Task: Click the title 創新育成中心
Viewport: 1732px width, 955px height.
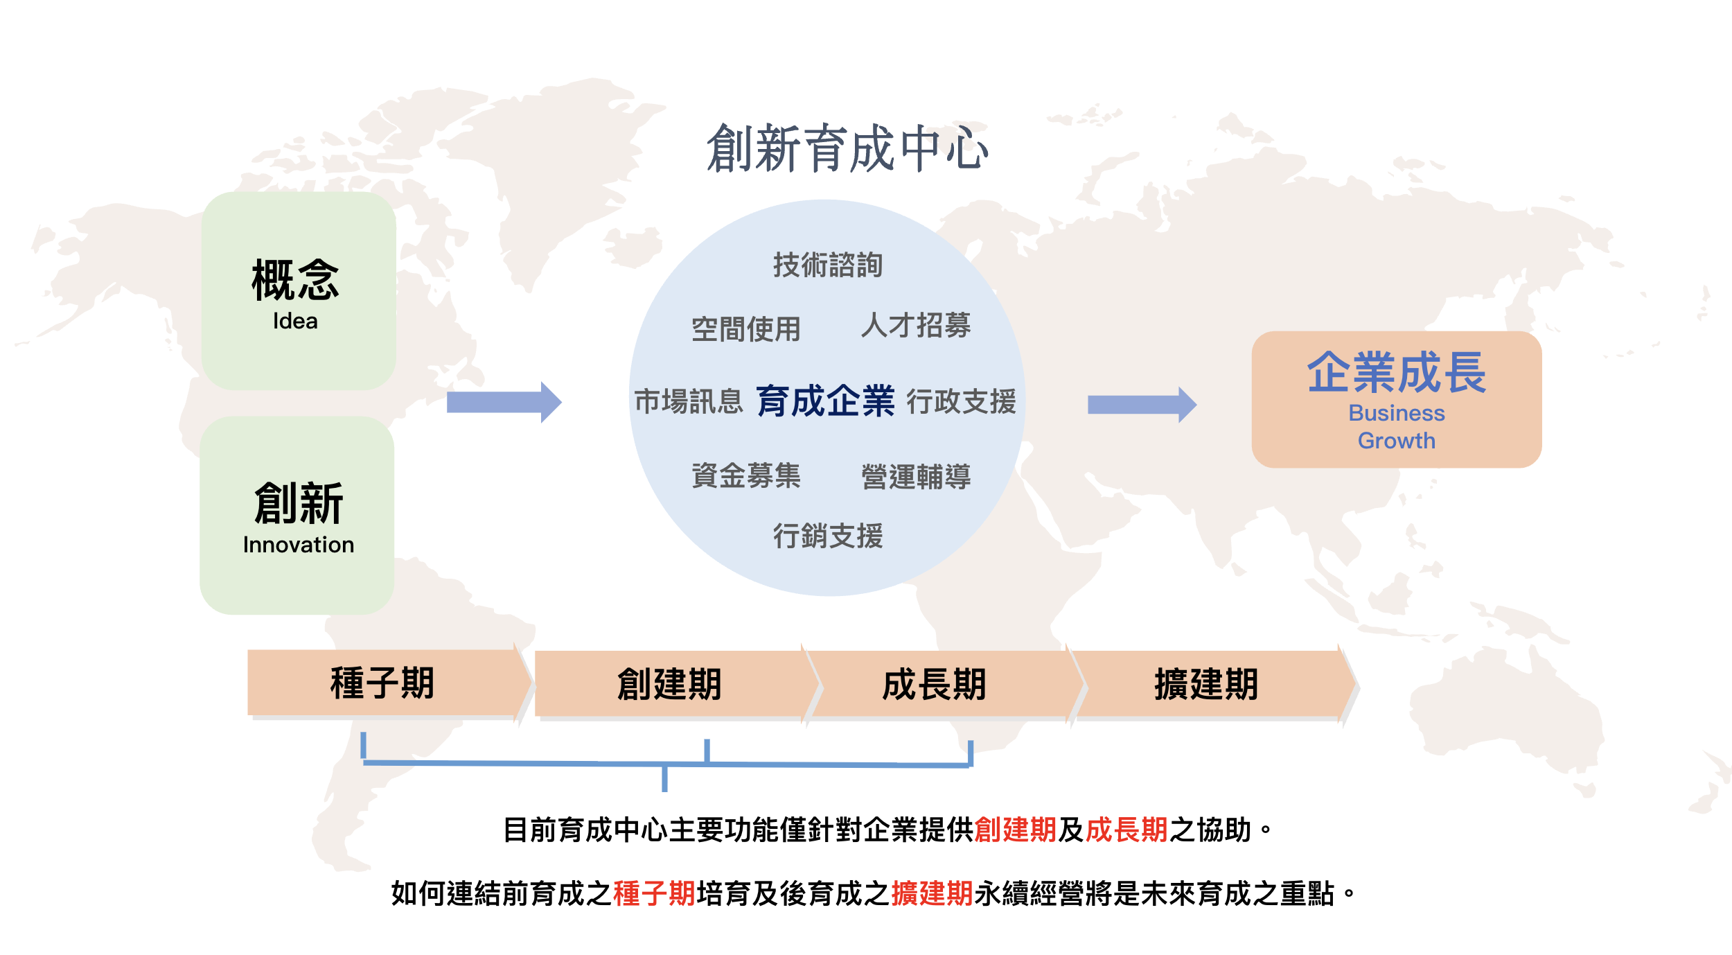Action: click(x=847, y=148)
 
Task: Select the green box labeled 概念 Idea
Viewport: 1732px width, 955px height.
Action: click(x=299, y=291)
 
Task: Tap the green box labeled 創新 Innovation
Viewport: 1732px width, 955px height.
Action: click(x=297, y=515)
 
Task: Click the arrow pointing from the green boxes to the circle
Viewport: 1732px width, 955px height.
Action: click(x=504, y=402)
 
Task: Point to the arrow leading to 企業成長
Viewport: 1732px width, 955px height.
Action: click(x=1142, y=405)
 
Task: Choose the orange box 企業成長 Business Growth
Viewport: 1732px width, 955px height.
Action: click(x=1396, y=399)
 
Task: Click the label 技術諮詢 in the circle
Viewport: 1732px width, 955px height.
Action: click(x=828, y=265)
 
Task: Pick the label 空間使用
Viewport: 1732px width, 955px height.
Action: click(x=746, y=329)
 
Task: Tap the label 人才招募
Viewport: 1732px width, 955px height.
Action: click(x=916, y=325)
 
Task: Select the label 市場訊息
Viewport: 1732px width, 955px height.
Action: click(x=689, y=401)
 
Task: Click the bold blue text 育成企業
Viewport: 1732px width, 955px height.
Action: click(x=826, y=401)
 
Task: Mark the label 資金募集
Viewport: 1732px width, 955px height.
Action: click(x=746, y=475)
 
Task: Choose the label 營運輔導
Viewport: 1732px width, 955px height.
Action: click(x=916, y=477)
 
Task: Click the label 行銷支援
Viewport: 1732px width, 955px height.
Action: click(x=828, y=536)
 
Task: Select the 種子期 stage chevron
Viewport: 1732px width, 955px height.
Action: click(x=383, y=683)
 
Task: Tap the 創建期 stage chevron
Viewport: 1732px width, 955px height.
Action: click(x=670, y=684)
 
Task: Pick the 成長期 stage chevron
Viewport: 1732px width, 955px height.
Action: click(x=935, y=684)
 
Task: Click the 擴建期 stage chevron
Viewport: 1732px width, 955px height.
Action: click(x=1206, y=684)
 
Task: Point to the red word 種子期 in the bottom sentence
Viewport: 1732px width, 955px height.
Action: click(x=654, y=893)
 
